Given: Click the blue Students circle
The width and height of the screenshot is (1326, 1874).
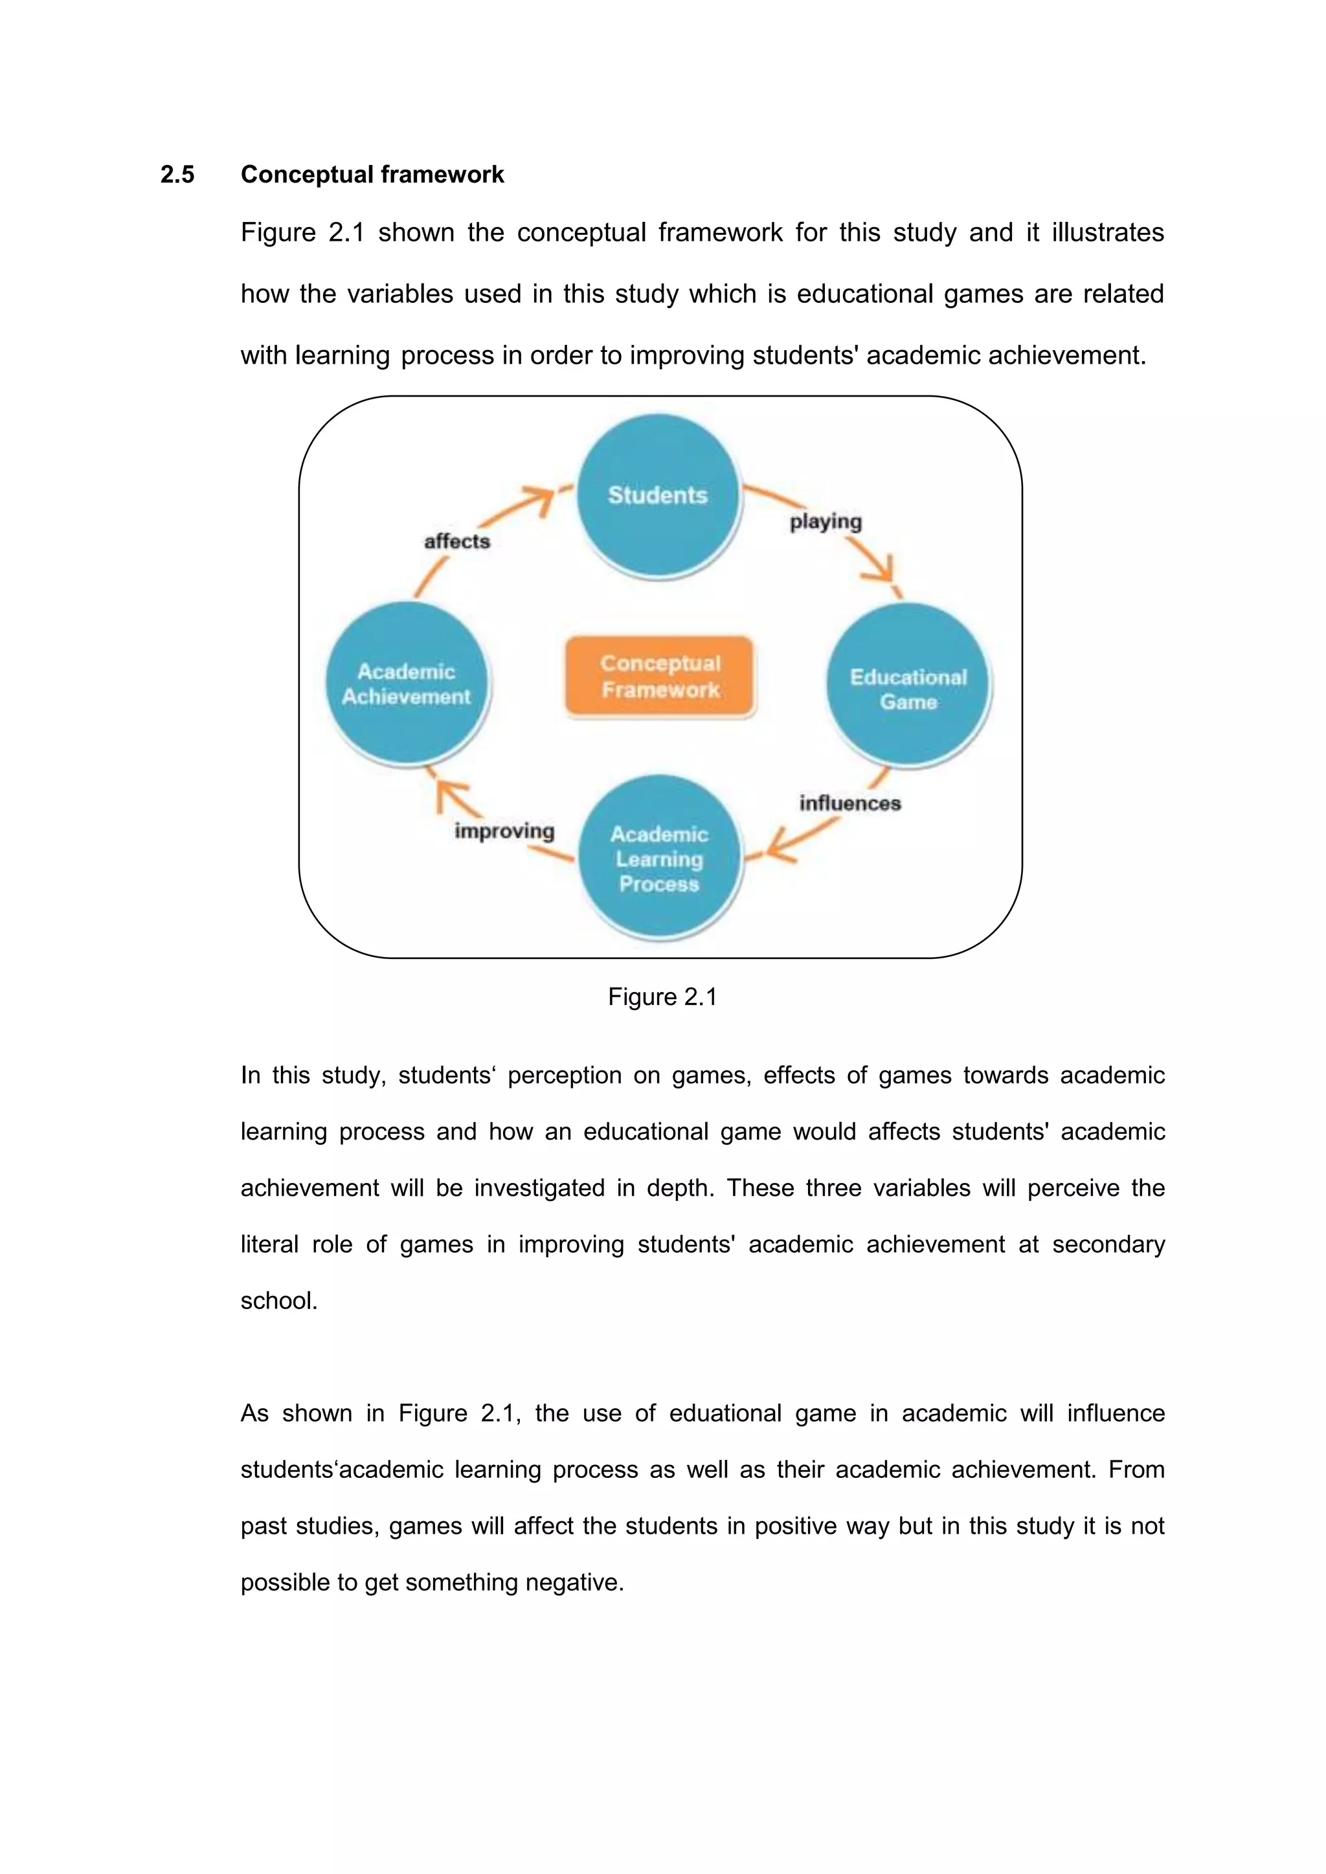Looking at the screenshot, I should [658, 496].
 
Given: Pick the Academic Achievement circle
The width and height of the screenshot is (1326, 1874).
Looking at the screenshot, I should [407, 683].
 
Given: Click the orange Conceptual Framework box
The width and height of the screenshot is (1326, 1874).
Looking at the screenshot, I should [660, 676].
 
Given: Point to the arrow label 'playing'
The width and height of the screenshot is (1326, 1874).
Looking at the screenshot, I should [826, 522].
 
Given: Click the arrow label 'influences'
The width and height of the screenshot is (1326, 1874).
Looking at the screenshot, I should [850, 803].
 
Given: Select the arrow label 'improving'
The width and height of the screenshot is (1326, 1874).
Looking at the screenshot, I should [504, 831].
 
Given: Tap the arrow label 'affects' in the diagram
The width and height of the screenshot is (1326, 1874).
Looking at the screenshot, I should [457, 541].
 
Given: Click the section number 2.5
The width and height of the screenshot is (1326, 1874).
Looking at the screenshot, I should [177, 175].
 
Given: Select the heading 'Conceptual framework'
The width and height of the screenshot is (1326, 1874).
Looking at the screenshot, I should [372, 175].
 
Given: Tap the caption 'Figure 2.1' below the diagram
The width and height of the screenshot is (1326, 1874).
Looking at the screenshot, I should [662, 997].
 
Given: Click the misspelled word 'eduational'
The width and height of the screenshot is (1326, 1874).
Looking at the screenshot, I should [725, 1413].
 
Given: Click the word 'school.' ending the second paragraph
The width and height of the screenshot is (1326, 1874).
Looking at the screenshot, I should [278, 1300].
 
